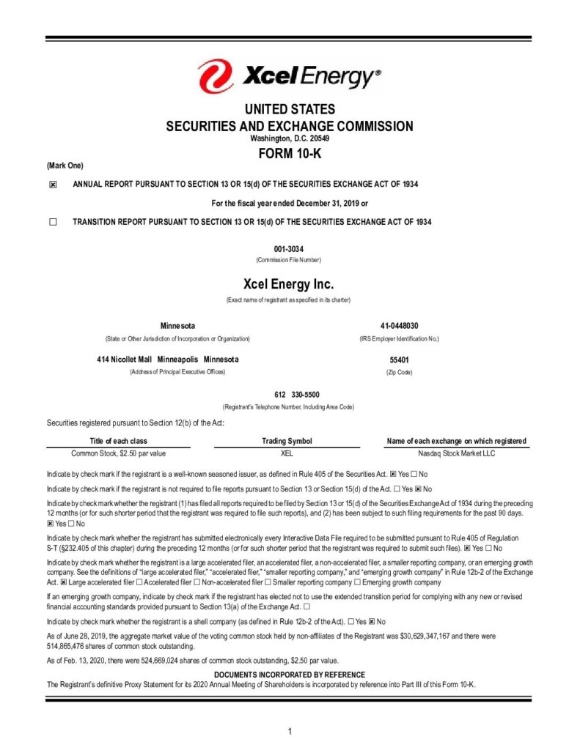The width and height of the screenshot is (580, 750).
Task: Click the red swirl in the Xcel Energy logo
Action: (214, 75)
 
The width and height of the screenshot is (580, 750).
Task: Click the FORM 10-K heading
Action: (290, 154)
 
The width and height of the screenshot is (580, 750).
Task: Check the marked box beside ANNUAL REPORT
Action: (53, 185)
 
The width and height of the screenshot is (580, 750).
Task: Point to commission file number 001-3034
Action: (289, 249)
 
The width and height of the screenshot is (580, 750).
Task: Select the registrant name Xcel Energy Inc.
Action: (289, 283)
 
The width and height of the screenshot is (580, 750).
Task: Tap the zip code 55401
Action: (399, 360)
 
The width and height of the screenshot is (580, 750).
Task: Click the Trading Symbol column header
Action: (287, 441)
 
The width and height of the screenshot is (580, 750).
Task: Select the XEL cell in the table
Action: (287, 453)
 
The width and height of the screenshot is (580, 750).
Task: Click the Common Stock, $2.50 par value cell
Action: (118, 453)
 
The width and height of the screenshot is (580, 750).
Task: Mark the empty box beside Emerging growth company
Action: (357, 582)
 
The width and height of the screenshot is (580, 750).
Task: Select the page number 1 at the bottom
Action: (290, 732)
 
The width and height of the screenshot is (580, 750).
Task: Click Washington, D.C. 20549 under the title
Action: (289, 138)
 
